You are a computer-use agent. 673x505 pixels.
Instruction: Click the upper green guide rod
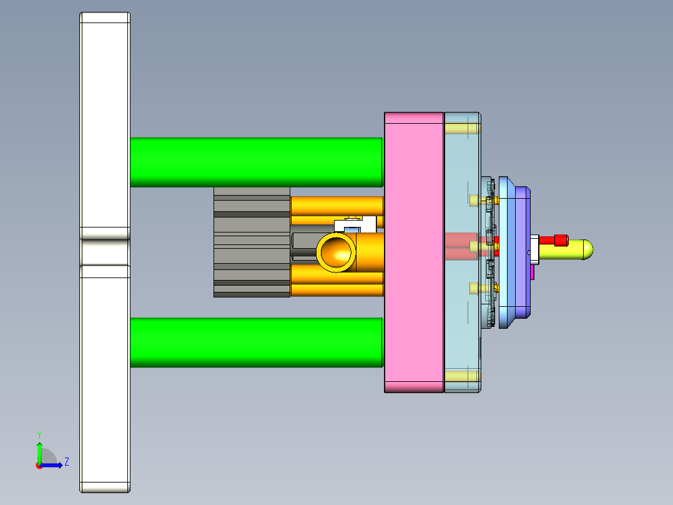[256, 161]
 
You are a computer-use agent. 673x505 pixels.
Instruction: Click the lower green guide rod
[256, 342]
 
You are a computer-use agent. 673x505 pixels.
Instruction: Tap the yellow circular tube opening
[337, 252]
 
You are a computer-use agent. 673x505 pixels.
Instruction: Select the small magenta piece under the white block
[533, 272]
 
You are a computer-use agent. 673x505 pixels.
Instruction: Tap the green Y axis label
[39, 434]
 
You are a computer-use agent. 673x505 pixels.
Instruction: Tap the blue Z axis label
[66, 462]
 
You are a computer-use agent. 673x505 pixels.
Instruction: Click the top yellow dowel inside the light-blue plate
[461, 129]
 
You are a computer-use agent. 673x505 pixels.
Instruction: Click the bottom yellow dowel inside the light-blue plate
[461, 376]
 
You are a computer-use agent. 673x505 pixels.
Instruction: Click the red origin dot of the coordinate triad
[39, 465]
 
